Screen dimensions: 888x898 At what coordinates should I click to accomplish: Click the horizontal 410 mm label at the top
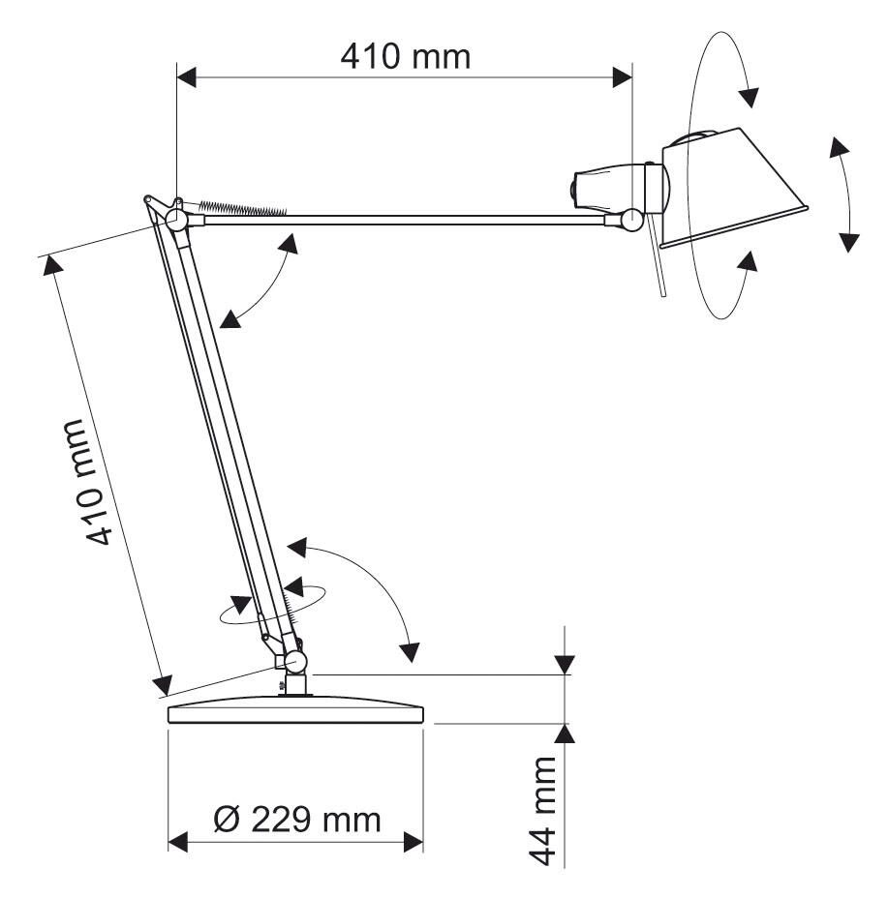tap(406, 57)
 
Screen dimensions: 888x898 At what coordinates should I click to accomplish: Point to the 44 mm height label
tap(542, 810)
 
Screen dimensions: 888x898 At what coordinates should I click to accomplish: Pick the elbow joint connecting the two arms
tap(176, 219)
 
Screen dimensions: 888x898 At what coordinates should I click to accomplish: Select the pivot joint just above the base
tap(295, 662)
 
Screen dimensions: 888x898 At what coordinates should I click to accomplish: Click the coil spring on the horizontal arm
tap(242, 208)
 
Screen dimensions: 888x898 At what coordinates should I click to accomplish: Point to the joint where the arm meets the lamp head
tap(632, 219)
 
